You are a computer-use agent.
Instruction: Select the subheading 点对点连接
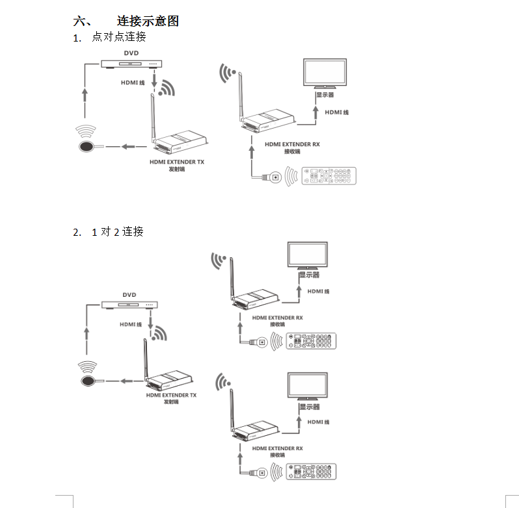pos(118,37)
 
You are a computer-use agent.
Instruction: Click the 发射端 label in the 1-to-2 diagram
pos(171,402)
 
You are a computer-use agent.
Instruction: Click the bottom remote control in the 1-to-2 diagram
pos(313,472)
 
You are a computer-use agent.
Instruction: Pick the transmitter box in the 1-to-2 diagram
pos(172,383)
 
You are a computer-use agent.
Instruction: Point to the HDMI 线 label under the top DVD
pos(133,83)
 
